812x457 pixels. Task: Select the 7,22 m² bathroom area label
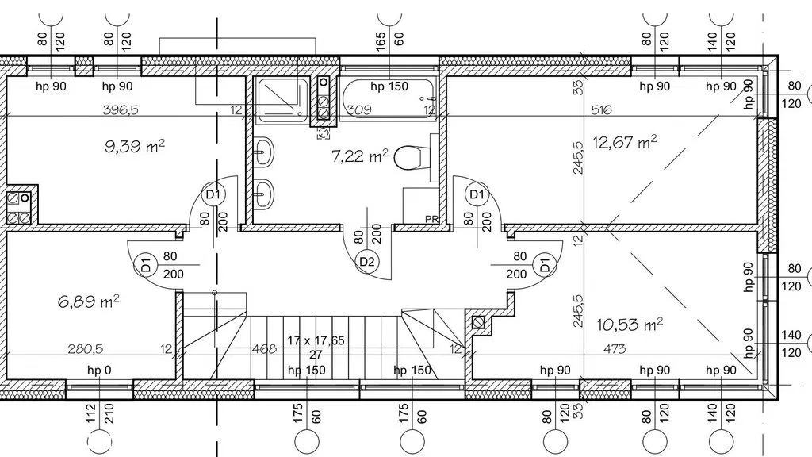359,156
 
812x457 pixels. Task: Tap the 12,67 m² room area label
625,142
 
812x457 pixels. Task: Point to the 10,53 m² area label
630,325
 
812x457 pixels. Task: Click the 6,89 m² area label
89,301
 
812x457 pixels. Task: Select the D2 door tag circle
366,262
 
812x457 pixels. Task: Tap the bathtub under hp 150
389,99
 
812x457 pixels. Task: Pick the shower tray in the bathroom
283,101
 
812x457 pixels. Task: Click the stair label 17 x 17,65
316,340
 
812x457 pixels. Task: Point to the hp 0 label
99,370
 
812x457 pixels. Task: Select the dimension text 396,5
121,109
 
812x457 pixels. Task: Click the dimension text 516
601,109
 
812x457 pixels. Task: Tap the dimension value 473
615,349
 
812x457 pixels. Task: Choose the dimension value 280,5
86,349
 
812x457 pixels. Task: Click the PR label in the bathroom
432,219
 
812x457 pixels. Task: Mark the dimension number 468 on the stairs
264,349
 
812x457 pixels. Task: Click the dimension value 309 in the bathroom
359,109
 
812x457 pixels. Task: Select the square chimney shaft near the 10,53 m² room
478,322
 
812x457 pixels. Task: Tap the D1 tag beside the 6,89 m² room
146,265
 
